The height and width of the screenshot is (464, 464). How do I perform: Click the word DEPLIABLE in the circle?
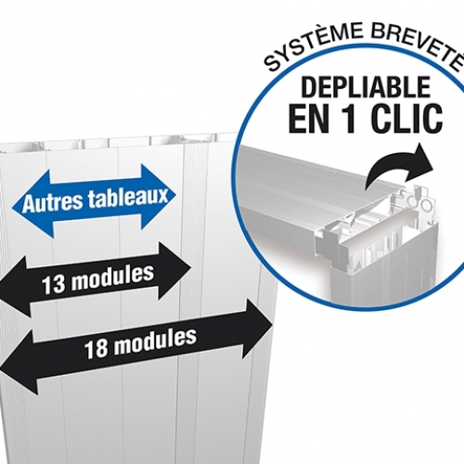coord(366,87)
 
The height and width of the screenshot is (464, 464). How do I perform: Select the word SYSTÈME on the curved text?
coord(313,47)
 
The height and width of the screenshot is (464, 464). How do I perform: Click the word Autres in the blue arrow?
coord(53,202)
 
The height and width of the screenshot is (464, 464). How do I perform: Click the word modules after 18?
coord(155,341)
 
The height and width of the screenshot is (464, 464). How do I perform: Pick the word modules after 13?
coord(113,277)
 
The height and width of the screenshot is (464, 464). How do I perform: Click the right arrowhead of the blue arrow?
coord(158,196)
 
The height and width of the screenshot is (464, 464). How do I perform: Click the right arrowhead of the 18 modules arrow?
coord(257,328)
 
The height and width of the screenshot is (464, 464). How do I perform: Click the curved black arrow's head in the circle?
coord(421,163)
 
